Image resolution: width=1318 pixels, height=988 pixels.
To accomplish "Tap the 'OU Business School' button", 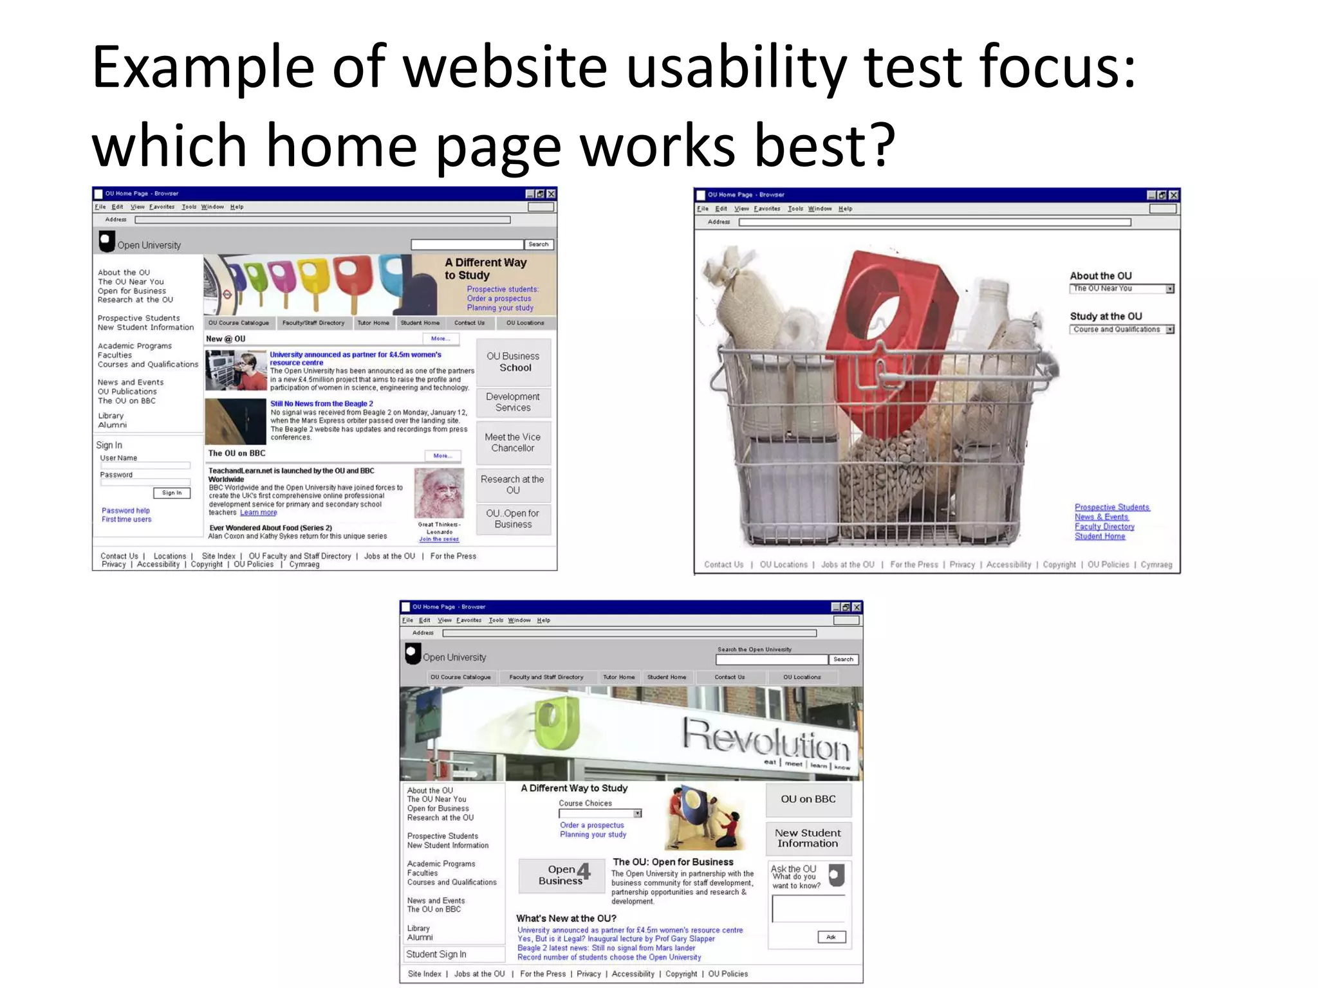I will (513, 362).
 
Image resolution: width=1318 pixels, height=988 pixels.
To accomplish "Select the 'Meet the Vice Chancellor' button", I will (513, 443).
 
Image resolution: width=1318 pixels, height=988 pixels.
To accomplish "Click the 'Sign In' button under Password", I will (172, 493).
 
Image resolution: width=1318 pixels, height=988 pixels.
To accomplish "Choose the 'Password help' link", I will (125, 511).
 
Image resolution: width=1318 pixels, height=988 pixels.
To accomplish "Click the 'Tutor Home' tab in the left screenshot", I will (373, 323).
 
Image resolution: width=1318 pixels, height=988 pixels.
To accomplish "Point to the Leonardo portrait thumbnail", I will (439, 493).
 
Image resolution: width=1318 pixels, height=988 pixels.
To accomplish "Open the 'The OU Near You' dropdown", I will (1122, 289).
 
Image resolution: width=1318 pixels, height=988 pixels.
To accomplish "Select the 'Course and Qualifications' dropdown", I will (1122, 329).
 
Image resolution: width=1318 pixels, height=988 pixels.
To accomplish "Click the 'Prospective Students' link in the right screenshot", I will (1111, 508).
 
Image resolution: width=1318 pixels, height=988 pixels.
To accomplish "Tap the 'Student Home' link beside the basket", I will (1100, 536).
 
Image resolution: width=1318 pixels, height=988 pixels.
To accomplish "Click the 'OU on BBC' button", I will (808, 800).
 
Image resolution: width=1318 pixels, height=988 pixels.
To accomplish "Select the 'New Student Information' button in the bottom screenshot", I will (808, 838).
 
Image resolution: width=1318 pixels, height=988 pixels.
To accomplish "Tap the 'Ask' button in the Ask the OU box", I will (831, 937).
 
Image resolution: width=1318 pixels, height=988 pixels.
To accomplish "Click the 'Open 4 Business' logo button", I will (562, 875).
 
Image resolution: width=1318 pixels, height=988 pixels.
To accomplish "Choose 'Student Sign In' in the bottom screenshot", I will (436, 955).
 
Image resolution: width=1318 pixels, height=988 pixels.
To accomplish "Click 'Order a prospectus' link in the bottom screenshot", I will (591, 825).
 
